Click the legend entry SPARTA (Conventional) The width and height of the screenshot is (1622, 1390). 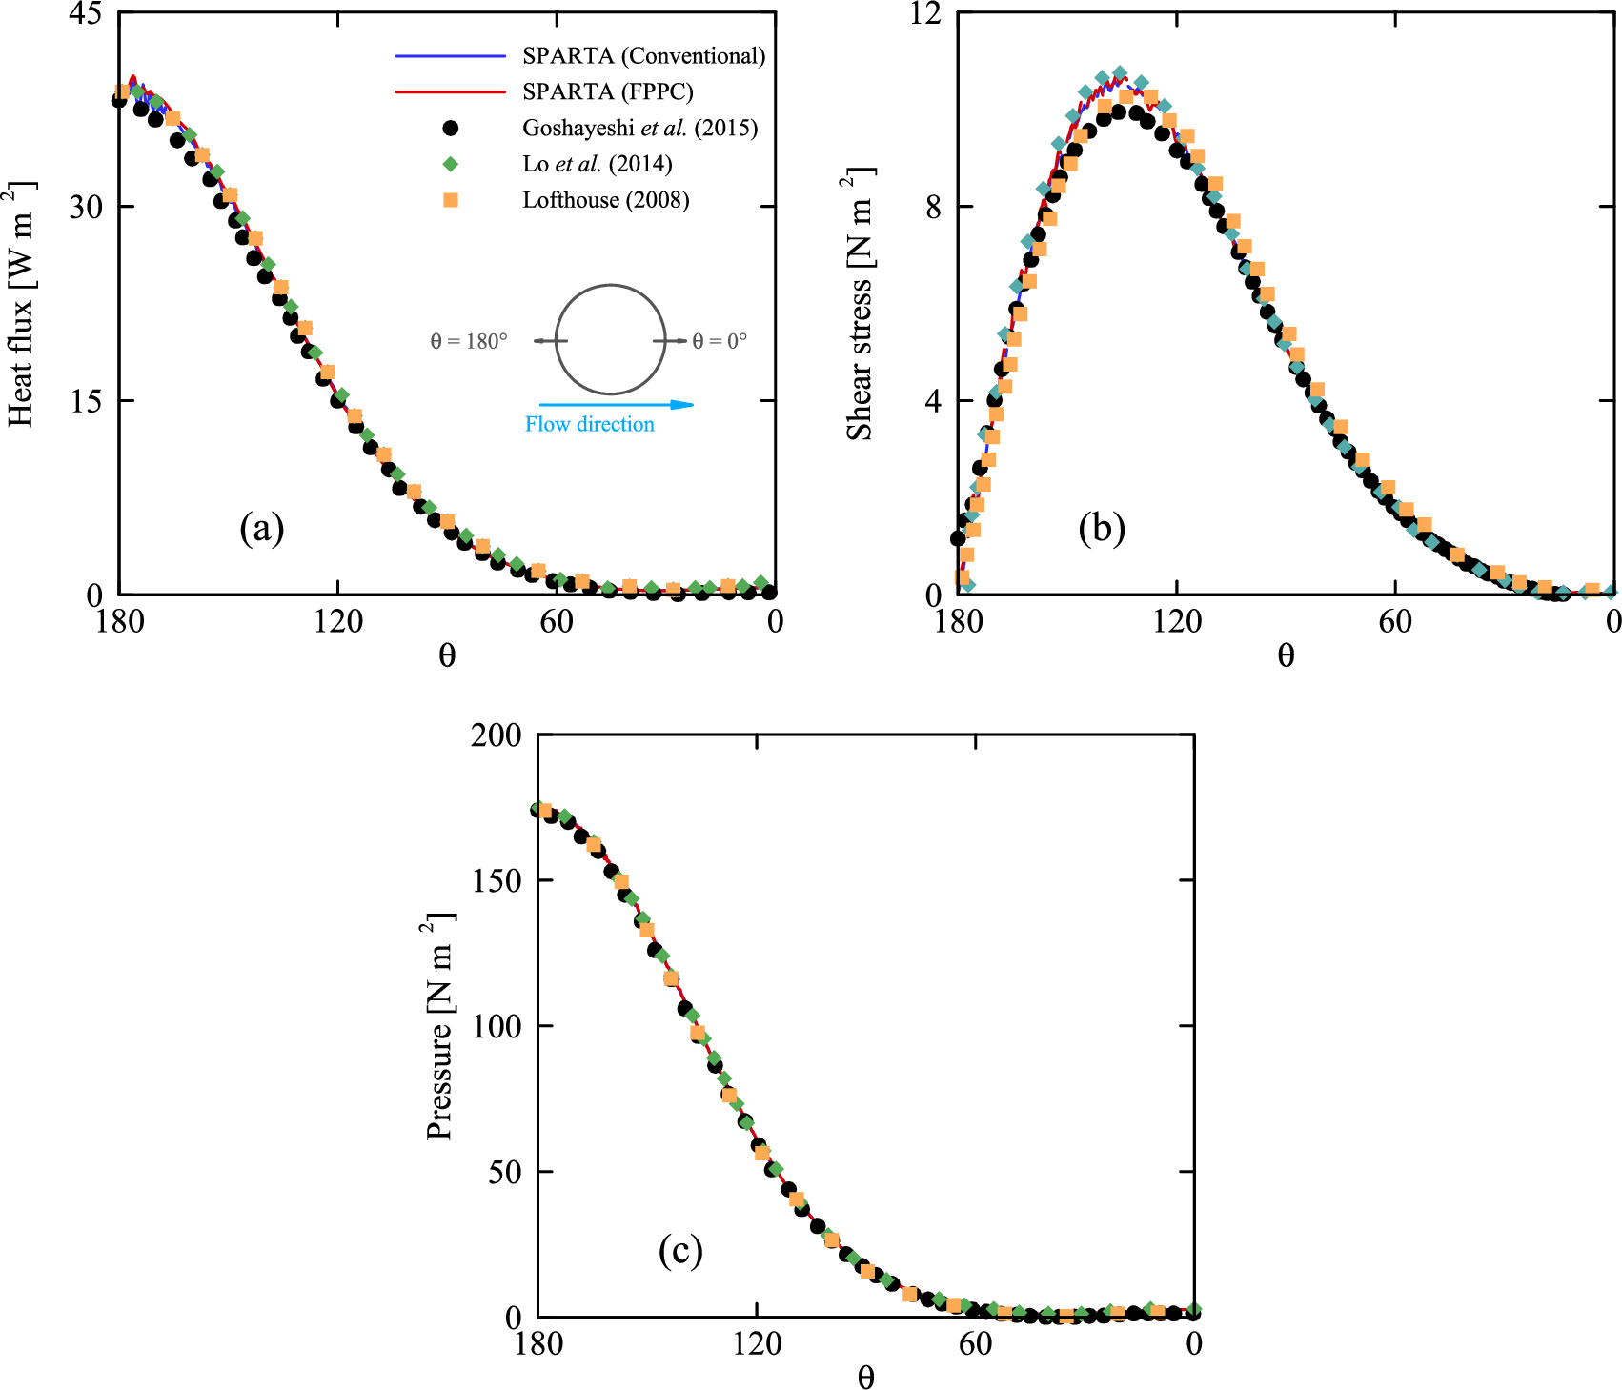(643, 56)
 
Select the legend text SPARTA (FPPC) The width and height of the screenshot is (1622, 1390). (607, 91)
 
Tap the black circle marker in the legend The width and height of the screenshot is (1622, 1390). (451, 128)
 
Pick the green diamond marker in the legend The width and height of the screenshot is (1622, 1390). (451, 164)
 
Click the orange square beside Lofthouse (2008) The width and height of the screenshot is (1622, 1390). (451, 200)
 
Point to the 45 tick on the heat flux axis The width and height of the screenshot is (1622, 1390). (84, 14)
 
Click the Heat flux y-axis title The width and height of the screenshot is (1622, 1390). (21, 303)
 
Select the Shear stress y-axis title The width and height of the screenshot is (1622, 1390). (860, 305)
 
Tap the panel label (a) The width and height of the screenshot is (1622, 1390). (262, 528)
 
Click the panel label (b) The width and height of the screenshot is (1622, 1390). (1102, 528)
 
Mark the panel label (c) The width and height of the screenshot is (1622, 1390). (680, 1250)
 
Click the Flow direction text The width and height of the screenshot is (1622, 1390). (590, 425)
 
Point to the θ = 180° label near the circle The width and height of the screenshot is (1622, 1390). (469, 341)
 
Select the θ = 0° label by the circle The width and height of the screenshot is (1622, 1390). (720, 341)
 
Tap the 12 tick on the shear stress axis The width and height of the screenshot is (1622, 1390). (925, 14)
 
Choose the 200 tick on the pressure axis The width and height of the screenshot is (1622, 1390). (497, 735)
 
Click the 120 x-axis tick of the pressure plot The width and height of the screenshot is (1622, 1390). (757, 1344)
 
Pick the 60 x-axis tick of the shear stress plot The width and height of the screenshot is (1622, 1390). (1395, 622)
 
